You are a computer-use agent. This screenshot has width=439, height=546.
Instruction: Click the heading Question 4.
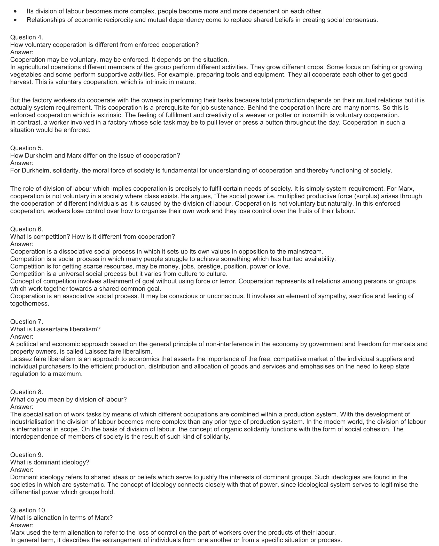tap(27, 37)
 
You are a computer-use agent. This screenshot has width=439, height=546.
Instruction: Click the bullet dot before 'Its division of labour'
tap(16, 11)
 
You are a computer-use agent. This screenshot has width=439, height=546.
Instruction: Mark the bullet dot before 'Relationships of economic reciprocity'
tap(16, 20)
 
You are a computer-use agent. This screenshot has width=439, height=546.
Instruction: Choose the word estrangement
tap(123, 540)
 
